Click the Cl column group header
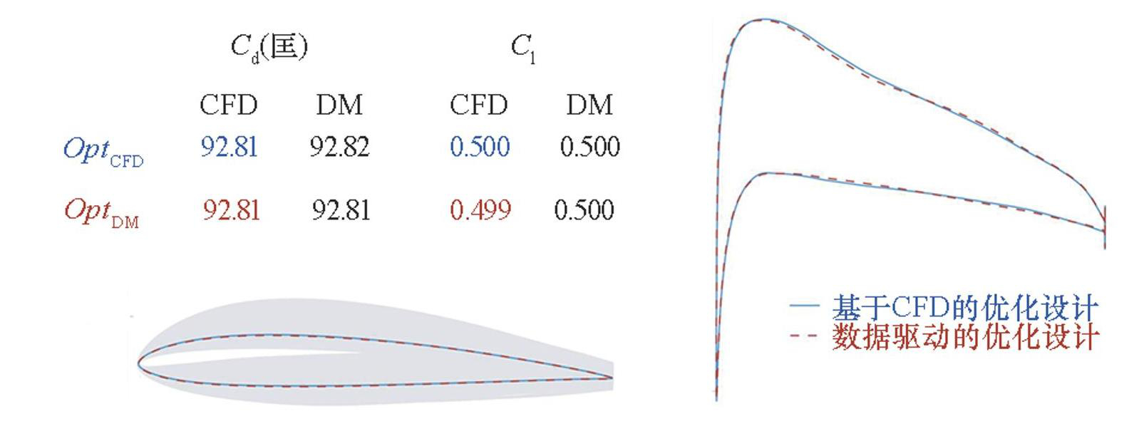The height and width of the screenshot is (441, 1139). (522, 49)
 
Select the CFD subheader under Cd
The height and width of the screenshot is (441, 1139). (228, 105)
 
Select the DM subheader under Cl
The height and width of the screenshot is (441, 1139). (589, 105)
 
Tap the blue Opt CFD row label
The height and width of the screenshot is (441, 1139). (103, 150)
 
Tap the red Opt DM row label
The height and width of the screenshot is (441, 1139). (101, 212)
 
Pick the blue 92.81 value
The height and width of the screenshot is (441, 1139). (229, 147)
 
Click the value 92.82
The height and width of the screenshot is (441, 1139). (339, 147)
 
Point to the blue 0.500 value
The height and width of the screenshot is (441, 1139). (480, 147)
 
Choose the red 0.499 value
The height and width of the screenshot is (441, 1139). (480, 210)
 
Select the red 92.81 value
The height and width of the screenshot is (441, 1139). (231, 210)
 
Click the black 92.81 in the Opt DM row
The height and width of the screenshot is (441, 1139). (341, 210)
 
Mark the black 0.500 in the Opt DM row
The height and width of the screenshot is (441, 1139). (584, 210)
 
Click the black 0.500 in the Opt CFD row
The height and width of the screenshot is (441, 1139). (589, 147)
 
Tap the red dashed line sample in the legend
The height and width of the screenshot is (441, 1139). (803, 335)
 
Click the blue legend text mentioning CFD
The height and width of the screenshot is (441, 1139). (964, 308)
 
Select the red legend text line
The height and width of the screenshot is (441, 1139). (964, 336)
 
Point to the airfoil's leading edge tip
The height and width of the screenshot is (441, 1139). (139, 363)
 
